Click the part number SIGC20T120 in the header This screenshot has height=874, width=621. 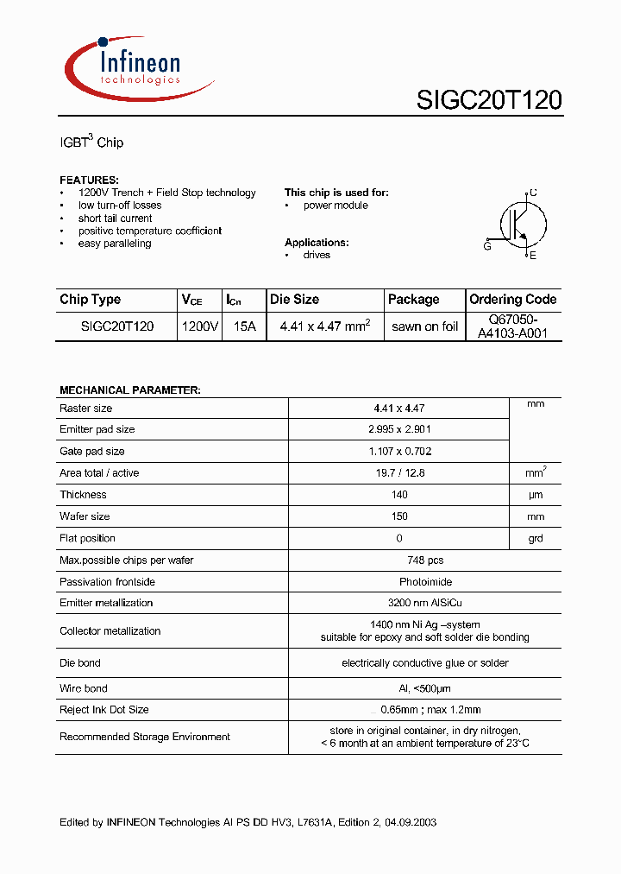tap(489, 101)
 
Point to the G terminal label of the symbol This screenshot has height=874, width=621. tap(487, 246)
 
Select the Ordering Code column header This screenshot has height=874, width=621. tap(513, 300)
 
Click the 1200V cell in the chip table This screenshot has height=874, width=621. tap(200, 326)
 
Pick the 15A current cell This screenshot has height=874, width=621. tap(244, 326)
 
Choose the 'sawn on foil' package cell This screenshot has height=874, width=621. tap(424, 326)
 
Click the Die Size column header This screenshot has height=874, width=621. tap(294, 300)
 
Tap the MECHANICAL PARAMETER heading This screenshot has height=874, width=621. tap(130, 390)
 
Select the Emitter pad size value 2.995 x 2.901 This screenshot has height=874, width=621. tap(398, 429)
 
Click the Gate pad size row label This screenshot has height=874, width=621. tap(92, 451)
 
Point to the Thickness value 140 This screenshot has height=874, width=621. tap(398, 495)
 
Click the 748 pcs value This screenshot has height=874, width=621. tap(398, 560)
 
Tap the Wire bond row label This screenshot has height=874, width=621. tap(84, 688)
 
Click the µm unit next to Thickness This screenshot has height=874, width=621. tap(536, 495)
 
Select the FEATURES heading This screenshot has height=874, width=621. tap(89, 180)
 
